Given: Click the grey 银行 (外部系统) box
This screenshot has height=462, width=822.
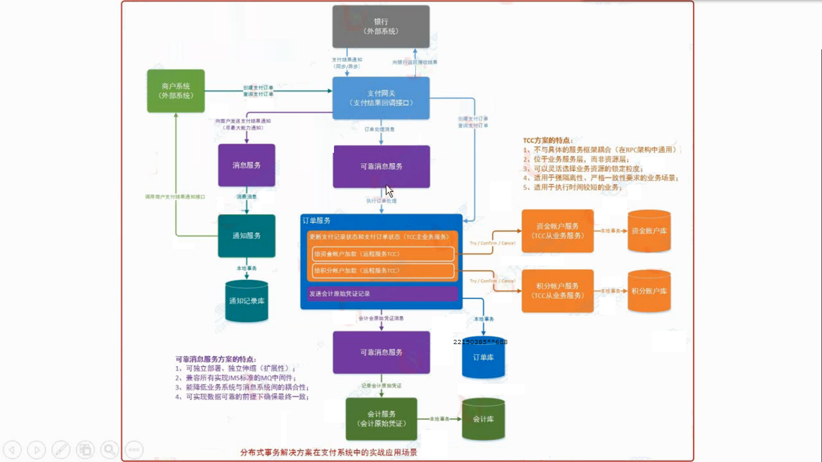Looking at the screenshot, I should [381, 26].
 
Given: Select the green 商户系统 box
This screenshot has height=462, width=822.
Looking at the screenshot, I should [176, 91].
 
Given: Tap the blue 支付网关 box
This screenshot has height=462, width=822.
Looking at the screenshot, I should [381, 98].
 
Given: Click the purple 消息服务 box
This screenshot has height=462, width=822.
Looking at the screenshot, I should [246, 165].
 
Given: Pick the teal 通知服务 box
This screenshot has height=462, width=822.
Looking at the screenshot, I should [246, 236].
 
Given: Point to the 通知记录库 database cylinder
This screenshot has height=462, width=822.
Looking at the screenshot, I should [246, 300].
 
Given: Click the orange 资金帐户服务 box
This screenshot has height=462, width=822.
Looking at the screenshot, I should [557, 231].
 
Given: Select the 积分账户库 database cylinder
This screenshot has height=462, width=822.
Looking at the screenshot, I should [649, 291].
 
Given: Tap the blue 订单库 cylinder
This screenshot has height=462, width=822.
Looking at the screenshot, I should [483, 358].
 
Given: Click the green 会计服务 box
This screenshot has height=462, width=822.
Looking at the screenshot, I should [381, 419].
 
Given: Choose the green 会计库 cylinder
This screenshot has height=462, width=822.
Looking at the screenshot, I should [483, 419].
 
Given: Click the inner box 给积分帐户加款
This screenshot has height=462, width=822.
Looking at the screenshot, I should [383, 271].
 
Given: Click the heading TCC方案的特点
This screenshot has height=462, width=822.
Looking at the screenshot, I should [548, 140].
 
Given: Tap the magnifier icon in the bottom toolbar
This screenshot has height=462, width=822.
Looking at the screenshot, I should [110, 449].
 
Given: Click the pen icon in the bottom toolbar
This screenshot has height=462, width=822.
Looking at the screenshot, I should [61, 449].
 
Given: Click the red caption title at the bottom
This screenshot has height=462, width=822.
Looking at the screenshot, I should [329, 452].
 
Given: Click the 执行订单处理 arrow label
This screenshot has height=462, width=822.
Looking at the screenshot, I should [382, 200].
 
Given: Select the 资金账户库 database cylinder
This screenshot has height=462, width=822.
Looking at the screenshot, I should [649, 231].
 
